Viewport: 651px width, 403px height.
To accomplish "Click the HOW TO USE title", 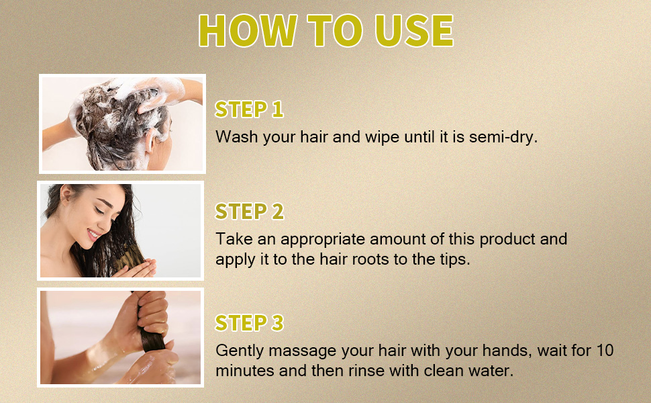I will [x=325, y=30].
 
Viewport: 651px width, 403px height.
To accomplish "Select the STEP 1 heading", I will [x=249, y=109].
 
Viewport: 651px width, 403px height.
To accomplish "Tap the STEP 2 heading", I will [x=249, y=212].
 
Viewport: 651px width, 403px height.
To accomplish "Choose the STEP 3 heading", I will [x=249, y=323].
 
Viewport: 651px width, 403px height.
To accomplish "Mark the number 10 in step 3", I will [x=603, y=351].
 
